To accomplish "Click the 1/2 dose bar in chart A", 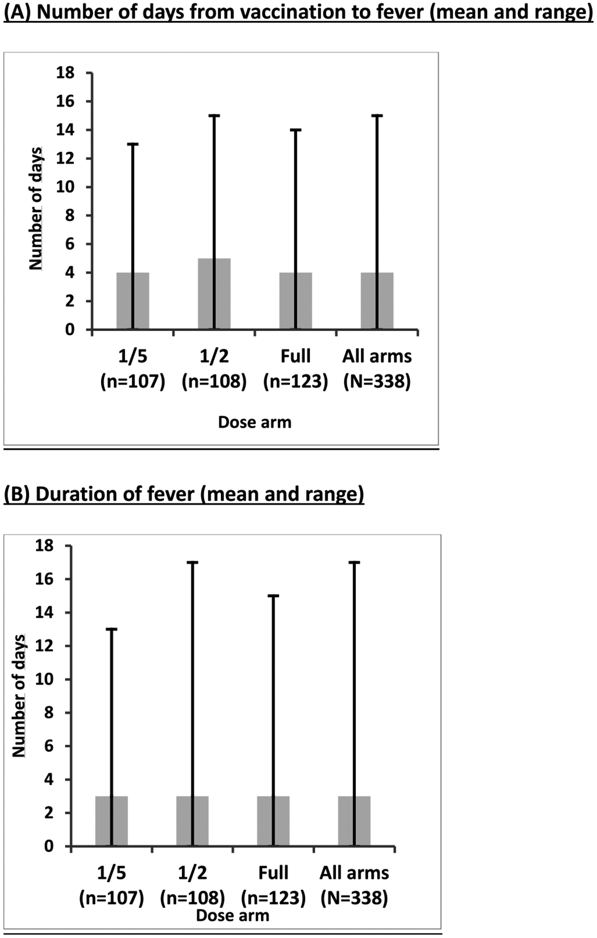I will click(x=214, y=294).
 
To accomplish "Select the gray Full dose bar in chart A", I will click(x=295, y=301).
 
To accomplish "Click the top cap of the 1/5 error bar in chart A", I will click(x=133, y=144).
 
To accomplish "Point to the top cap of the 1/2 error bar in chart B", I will click(x=192, y=562).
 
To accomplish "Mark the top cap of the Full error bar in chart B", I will click(x=273, y=596).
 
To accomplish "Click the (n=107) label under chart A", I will click(x=133, y=382).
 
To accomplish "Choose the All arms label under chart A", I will click(x=377, y=356).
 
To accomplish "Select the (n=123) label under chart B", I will click(x=273, y=898).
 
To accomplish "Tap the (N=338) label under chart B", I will click(x=354, y=898).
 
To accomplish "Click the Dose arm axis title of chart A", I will click(x=255, y=422).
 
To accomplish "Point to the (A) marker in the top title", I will click(x=18, y=12).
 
